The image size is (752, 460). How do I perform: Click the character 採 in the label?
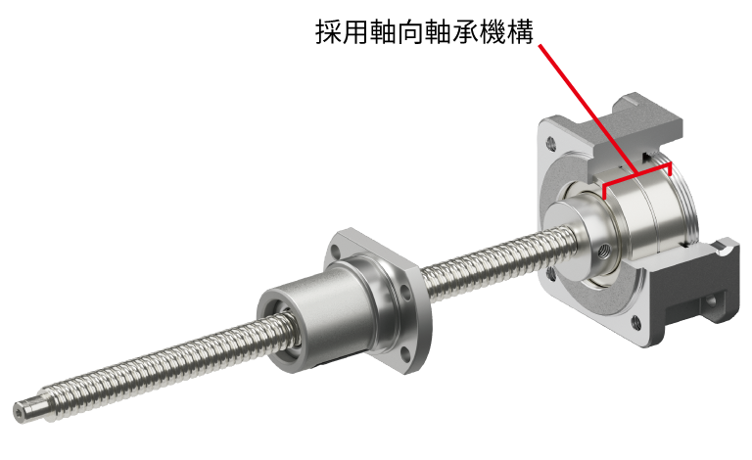pos(328,32)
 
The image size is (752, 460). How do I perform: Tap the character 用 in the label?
pos(355,32)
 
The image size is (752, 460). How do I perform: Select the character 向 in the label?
pos(410,32)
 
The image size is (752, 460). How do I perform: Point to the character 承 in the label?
pos(465,32)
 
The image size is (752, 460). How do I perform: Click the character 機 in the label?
pos(493,32)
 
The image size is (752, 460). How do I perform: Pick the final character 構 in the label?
pos(520,32)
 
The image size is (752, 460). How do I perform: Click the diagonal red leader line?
pos(588,110)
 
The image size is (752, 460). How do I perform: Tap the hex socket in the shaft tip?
pos(20,412)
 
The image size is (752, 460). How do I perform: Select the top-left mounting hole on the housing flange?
pos(550,142)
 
